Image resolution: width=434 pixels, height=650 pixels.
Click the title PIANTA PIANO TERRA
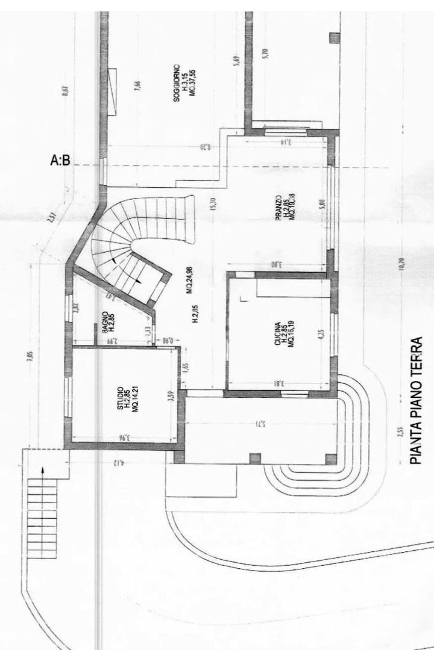pyautogui.click(x=416, y=400)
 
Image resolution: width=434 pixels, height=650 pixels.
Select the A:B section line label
pyautogui.click(x=60, y=161)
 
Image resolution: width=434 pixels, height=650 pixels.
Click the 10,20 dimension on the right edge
pyautogui.click(x=401, y=265)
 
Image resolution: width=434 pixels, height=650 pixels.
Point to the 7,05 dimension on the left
pyautogui.click(x=30, y=355)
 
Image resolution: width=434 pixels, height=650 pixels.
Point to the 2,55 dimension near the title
pyautogui.click(x=401, y=434)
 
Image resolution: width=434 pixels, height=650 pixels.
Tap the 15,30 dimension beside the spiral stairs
pyautogui.click(x=213, y=205)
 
